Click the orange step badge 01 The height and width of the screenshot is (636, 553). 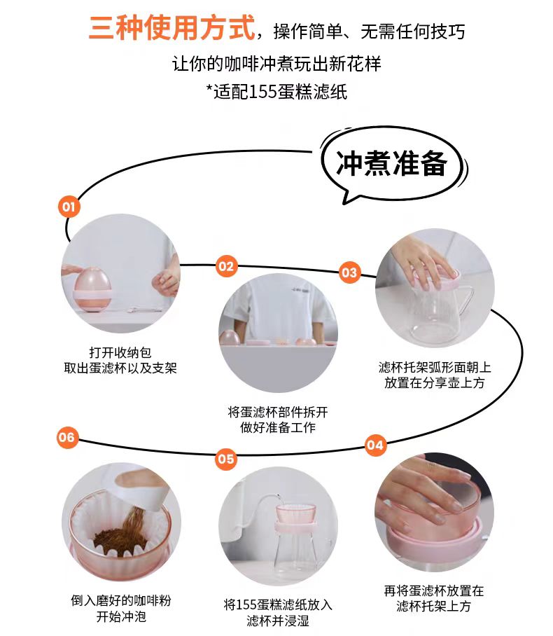(x=69, y=207)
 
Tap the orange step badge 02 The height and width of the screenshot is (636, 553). (x=226, y=266)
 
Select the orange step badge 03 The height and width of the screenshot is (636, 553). (x=349, y=272)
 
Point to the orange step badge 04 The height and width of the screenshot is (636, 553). (x=375, y=445)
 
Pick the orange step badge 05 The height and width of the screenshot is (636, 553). (x=226, y=459)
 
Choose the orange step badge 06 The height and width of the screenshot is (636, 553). (x=67, y=437)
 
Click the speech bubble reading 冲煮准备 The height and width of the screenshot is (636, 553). (x=393, y=164)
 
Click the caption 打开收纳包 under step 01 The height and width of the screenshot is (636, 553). (x=120, y=352)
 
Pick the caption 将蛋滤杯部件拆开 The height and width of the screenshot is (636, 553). (x=278, y=412)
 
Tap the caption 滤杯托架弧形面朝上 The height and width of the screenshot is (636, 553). (x=434, y=367)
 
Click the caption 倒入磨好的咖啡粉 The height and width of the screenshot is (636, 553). (x=121, y=600)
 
